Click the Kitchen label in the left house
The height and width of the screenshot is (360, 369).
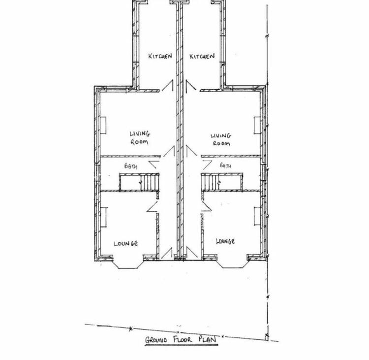click(x=160, y=56)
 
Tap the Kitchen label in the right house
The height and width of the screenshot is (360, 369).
click(x=202, y=56)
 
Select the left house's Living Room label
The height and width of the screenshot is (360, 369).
click(x=140, y=138)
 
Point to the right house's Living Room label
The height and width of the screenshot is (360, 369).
click(x=221, y=139)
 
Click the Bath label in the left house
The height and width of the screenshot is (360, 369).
click(x=130, y=166)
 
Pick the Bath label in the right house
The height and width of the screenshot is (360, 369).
click(x=225, y=165)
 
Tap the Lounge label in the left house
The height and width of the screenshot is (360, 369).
click(x=125, y=243)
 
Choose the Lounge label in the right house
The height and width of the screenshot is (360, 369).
click(x=225, y=241)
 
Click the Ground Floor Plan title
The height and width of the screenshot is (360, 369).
click(x=181, y=339)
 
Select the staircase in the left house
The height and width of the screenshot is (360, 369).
click(x=150, y=182)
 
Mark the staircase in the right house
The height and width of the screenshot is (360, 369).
click(x=211, y=182)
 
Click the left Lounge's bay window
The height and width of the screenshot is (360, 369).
click(x=128, y=264)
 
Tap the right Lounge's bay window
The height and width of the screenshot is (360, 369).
click(x=231, y=263)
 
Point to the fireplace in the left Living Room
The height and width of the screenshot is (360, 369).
click(x=103, y=126)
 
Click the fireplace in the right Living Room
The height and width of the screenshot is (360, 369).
click(x=257, y=126)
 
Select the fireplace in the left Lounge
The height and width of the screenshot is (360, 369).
click(x=103, y=217)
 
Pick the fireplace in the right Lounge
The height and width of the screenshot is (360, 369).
click(x=257, y=217)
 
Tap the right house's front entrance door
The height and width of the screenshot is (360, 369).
click(x=192, y=253)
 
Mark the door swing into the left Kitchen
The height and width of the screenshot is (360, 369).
click(x=168, y=86)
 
